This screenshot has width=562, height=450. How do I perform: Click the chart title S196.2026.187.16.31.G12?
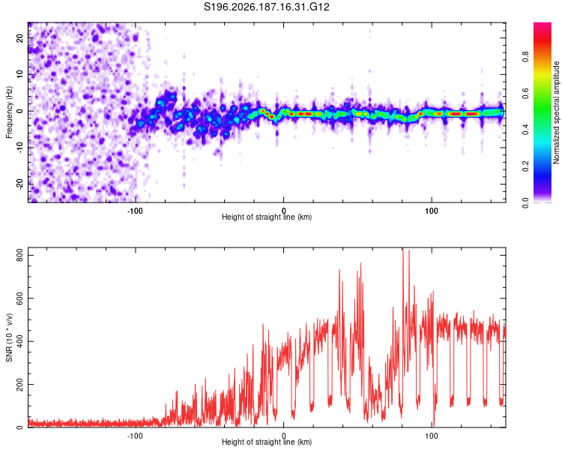pos(266,7)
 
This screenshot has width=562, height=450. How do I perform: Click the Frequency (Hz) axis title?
pos(9,112)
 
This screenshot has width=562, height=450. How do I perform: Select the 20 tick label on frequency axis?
pos(19,37)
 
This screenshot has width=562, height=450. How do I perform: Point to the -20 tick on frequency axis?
pos(19,184)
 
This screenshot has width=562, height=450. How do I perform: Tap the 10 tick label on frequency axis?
pos(19,74)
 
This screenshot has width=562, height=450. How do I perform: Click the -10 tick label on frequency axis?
pos(19,148)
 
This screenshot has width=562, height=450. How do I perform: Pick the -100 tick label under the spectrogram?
pos(135,211)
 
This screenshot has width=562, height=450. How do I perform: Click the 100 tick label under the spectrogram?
pos(432,211)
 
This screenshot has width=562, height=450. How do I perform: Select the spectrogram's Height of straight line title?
pos(267,217)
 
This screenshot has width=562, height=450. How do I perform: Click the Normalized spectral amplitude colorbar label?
pos(556,112)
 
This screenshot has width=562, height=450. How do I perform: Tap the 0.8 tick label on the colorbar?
pos(525,57)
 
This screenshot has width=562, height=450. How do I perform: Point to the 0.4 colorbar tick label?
pos(525,129)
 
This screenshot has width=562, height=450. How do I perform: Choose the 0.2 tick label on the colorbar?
pos(525,166)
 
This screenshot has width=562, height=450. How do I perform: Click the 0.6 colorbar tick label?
pos(525,93)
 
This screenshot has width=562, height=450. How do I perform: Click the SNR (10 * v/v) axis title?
pos(9,337)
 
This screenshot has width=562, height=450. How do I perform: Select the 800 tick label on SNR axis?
pos(19,255)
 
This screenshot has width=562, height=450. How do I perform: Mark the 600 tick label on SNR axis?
pos(19,298)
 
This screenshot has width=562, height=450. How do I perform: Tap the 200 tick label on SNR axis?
pos(19,384)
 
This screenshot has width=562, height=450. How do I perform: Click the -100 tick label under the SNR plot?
pos(135,436)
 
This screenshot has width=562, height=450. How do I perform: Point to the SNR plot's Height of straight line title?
pos(267,442)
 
